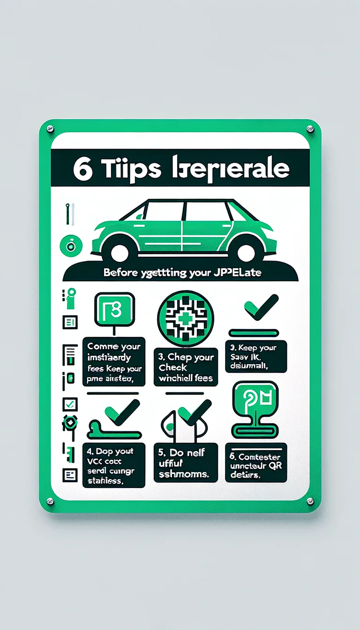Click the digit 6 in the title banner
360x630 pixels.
coord(83,169)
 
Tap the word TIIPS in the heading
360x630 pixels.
coord(123,169)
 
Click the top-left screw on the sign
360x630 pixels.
coord(50,128)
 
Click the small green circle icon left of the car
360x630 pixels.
coord(71,244)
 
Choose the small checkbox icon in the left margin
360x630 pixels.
coord(70,404)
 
